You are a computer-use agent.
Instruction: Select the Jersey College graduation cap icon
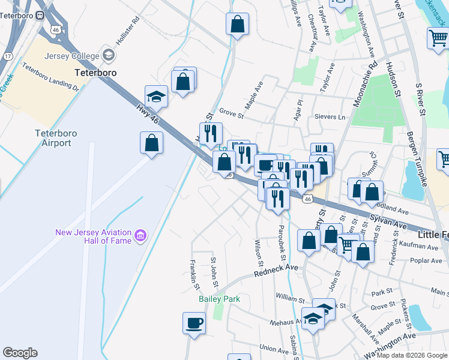[x=109, y=55]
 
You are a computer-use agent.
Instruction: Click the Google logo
[x=20, y=353]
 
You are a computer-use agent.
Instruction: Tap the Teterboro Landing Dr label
[x=51, y=76]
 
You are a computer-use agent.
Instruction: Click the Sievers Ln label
[x=334, y=117]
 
